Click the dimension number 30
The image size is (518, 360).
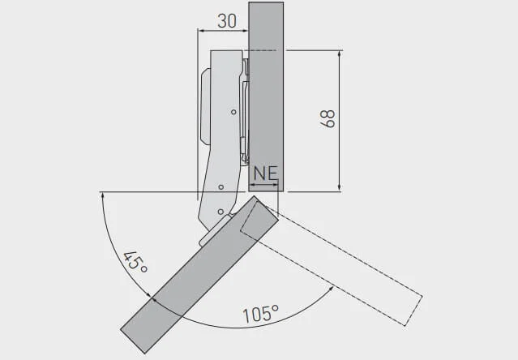tap(227, 21)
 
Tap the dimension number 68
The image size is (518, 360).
tap(327, 118)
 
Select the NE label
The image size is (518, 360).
tap(266, 173)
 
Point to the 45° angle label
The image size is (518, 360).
tap(135, 263)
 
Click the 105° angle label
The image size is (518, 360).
tap(261, 314)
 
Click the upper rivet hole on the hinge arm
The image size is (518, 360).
tap(233, 112)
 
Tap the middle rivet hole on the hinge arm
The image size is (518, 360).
tap(221, 187)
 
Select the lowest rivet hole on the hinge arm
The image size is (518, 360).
tap(220, 212)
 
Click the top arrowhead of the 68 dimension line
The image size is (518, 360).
tap(340, 54)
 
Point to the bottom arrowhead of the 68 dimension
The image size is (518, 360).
tap(340, 187)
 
